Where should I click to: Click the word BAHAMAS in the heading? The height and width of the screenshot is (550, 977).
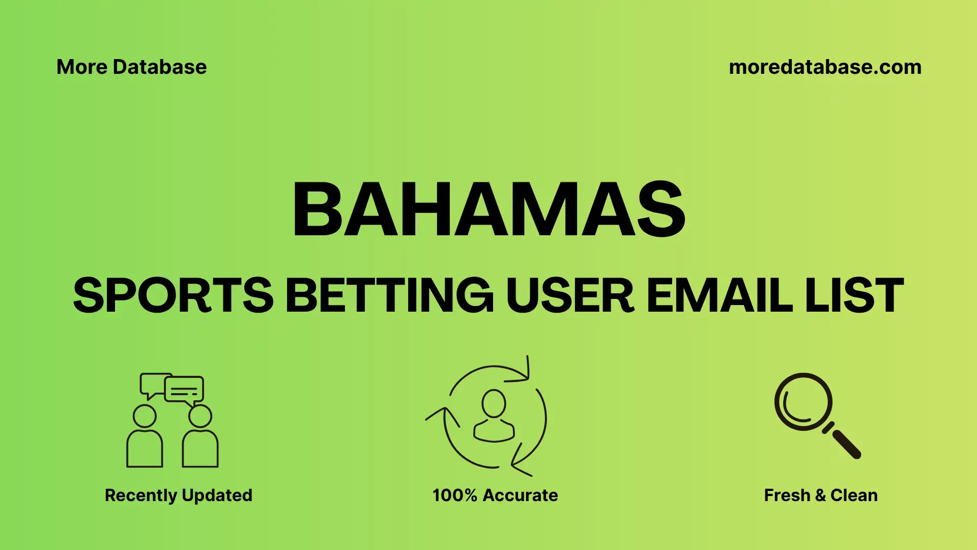(x=489, y=210)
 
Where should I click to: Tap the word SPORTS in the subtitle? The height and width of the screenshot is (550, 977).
(x=173, y=295)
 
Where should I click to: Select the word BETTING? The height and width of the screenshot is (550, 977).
(x=389, y=295)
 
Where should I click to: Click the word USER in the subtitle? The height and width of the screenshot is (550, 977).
(x=570, y=295)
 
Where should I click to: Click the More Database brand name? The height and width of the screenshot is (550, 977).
(x=131, y=67)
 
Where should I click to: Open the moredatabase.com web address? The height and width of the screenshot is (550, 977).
(x=825, y=67)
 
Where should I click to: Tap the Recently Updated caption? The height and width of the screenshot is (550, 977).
(x=178, y=495)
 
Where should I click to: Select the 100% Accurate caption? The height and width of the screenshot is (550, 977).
(x=495, y=495)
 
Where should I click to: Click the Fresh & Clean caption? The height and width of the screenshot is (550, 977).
(x=820, y=495)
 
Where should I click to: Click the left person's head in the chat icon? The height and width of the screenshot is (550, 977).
(x=145, y=416)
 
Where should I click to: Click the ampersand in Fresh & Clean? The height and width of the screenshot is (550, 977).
(x=820, y=495)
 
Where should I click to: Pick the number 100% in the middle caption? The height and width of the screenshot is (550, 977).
(x=454, y=495)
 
